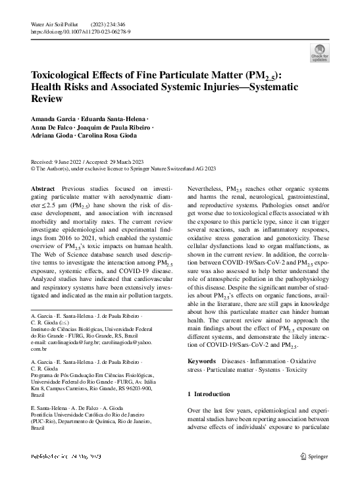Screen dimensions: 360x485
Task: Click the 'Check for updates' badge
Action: (x=320, y=53)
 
